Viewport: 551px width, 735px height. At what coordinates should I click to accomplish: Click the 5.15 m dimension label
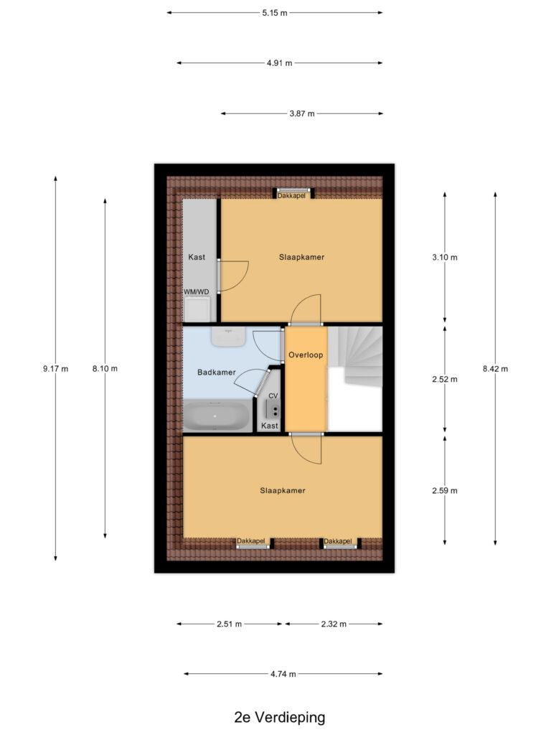click(x=275, y=13)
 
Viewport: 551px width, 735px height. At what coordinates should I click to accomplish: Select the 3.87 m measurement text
click(x=302, y=113)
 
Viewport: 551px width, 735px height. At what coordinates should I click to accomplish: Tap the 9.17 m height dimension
click(x=56, y=369)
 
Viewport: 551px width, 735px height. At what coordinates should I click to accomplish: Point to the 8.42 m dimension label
click(x=495, y=369)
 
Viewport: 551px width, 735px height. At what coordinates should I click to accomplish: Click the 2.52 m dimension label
click(x=445, y=379)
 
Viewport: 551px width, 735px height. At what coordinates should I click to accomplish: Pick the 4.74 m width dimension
click(x=283, y=674)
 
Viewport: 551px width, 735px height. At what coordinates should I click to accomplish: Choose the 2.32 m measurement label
click(x=334, y=624)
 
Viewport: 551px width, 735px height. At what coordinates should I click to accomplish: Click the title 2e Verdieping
click(x=280, y=717)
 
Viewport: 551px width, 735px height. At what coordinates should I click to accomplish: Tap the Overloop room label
click(x=306, y=355)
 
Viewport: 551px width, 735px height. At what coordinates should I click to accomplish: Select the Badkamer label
click(x=217, y=373)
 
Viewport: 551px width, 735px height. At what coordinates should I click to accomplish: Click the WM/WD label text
click(x=197, y=291)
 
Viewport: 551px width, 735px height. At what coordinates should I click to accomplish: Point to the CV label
click(x=273, y=396)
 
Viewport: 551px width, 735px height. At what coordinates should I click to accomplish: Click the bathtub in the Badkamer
click(x=217, y=416)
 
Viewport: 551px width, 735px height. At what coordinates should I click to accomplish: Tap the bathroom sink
click(x=229, y=337)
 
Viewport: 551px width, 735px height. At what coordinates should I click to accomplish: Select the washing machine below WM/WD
click(x=197, y=309)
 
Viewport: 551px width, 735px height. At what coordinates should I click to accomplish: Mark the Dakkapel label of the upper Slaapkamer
click(x=291, y=195)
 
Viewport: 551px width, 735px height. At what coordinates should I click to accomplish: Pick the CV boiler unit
click(x=273, y=410)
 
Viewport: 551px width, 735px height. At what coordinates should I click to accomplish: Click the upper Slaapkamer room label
click(x=302, y=257)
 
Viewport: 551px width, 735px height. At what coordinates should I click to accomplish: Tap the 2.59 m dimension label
click(x=445, y=491)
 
